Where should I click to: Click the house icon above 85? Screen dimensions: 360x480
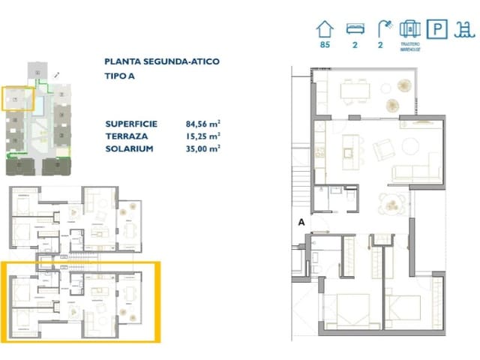pos(324,29)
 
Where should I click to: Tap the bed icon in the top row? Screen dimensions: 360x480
pos(353,29)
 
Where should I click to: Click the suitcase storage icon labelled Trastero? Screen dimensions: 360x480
pos(409,29)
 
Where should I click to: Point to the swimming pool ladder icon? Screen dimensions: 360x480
pos(464,29)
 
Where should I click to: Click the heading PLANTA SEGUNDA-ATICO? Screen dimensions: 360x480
pos(162,62)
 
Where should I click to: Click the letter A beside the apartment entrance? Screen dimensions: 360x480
pos(301,221)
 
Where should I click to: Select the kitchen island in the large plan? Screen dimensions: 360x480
pos(348,147)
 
